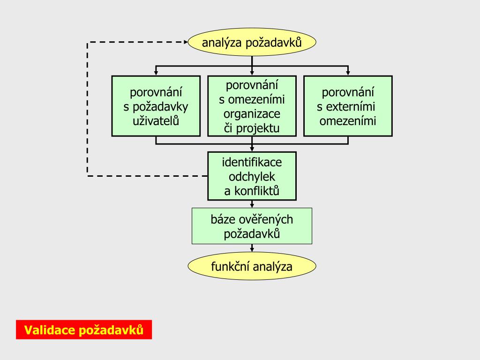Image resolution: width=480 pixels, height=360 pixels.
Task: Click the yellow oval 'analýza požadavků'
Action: point(252,43)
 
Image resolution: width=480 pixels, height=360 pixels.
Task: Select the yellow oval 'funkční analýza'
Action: point(252,267)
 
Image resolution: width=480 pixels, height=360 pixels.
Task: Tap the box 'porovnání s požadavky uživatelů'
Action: point(156,106)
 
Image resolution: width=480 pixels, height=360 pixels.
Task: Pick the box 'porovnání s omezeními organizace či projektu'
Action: point(252,106)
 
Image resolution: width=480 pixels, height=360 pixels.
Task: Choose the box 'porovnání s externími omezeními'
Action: point(348,106)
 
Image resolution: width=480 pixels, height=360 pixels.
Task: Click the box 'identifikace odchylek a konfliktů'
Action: point(252,176)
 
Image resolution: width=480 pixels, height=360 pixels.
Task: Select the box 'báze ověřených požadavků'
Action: point(252,226)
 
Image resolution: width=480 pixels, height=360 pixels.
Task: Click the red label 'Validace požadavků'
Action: point(84,330)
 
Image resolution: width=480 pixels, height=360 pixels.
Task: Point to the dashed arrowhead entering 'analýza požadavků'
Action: point(185,42)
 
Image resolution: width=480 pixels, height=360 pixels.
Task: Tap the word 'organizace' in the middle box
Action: point(252,114)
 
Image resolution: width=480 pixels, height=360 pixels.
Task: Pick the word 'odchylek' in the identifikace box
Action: point(252,177)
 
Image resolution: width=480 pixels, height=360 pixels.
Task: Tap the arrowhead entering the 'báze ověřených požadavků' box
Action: point(252,205)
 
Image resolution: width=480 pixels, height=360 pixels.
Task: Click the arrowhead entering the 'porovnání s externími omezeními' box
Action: point(348,73)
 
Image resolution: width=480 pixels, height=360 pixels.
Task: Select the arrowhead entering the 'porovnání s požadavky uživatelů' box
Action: point(156,73)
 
